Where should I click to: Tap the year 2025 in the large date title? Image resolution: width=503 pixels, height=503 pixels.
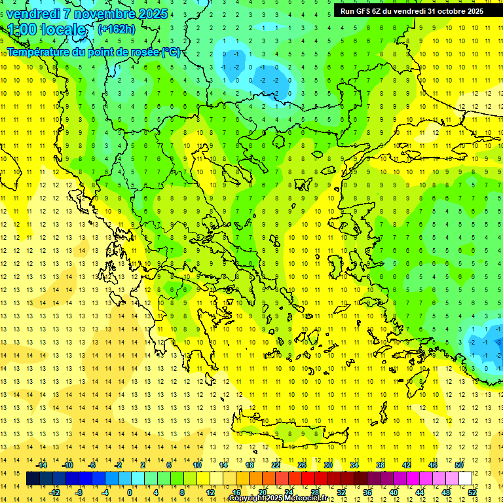[x=149, y=13]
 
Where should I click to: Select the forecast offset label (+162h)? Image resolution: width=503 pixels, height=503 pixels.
[x=116, y=29]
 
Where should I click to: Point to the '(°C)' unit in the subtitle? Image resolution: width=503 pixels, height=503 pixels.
[x=171, y=52]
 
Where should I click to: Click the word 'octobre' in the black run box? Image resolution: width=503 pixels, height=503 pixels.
[x=445, y=11]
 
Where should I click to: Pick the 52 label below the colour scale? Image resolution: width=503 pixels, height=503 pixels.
[x=472, y=493]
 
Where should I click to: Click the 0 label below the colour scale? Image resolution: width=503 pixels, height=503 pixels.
[x=129, y=493]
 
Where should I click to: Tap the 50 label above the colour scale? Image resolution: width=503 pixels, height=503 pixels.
[x=458, y=465]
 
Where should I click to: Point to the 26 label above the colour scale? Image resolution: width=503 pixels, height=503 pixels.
[x=301, y=465]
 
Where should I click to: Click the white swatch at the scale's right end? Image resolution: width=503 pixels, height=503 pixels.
[x=465, y=479]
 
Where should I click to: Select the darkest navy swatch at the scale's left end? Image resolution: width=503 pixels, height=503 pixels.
[x=33, y=479]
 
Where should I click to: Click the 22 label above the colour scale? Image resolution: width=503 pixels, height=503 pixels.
[x=276, y=465]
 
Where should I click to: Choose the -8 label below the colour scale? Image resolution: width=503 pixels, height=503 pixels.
[x=79, y=493]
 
